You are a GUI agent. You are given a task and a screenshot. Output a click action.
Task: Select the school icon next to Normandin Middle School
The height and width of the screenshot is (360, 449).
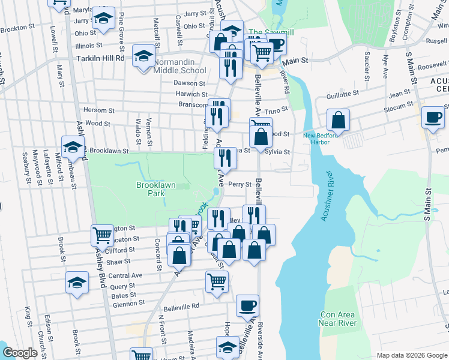tap(143, 58)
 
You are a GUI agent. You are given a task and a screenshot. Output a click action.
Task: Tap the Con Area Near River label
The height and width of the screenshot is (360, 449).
tap(338, 319)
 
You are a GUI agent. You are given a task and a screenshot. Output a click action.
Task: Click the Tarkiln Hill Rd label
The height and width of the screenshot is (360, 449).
tap(100, 59)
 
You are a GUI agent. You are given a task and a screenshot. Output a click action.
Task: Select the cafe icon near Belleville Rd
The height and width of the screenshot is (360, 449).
tap(247, 306)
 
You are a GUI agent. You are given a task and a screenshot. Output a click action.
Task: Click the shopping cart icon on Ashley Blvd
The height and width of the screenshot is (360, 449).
tap(102, 235)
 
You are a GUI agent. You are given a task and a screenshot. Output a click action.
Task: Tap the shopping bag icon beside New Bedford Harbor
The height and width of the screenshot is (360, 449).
tap(339, 120)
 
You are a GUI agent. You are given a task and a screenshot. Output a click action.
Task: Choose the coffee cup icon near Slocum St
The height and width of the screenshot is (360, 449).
tap(433, 117)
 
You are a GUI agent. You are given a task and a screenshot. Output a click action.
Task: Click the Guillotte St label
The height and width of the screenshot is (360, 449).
tap(342, 94)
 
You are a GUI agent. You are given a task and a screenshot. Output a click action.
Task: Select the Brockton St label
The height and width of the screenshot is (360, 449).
tap(16, 28)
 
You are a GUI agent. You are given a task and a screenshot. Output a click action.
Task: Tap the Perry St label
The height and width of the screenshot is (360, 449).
tap(239, 184)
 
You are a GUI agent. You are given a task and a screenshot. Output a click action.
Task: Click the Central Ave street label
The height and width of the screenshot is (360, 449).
tap(125, 275)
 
